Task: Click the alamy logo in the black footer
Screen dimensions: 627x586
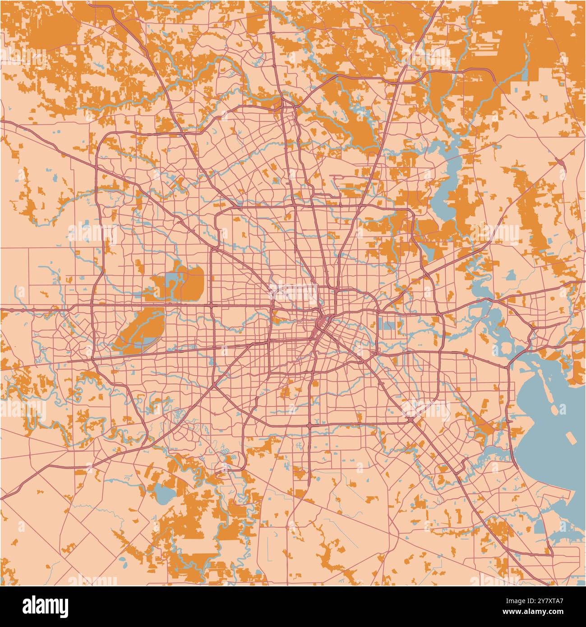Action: click(x=45, y=606)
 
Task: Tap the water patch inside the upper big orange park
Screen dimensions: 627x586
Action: click(x=173, y=280)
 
